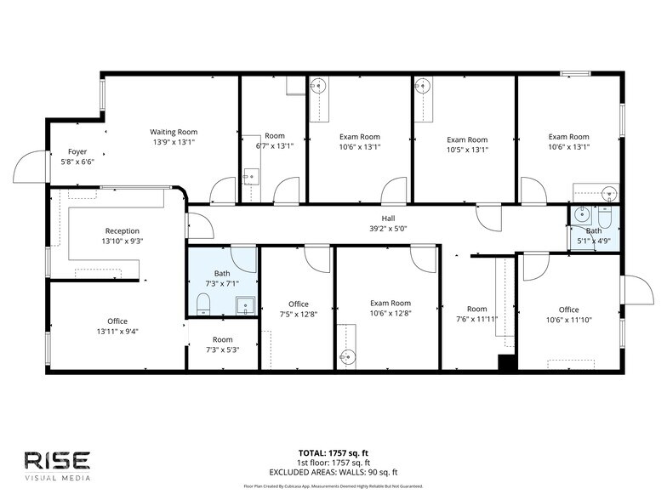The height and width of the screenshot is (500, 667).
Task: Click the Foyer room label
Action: tap(77, 151)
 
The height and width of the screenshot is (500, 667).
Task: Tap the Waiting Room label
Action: tap(174, 132)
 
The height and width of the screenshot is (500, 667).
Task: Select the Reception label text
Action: tap(122, 230)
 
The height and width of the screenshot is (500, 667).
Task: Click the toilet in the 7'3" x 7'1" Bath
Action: tap(203, 304)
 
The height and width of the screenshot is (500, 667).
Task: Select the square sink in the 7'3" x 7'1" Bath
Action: tap(245, 304)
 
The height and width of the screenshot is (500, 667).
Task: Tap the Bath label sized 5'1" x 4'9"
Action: tap(593, 230)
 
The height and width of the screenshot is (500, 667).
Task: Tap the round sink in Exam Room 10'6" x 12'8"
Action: tap(346, 356)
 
